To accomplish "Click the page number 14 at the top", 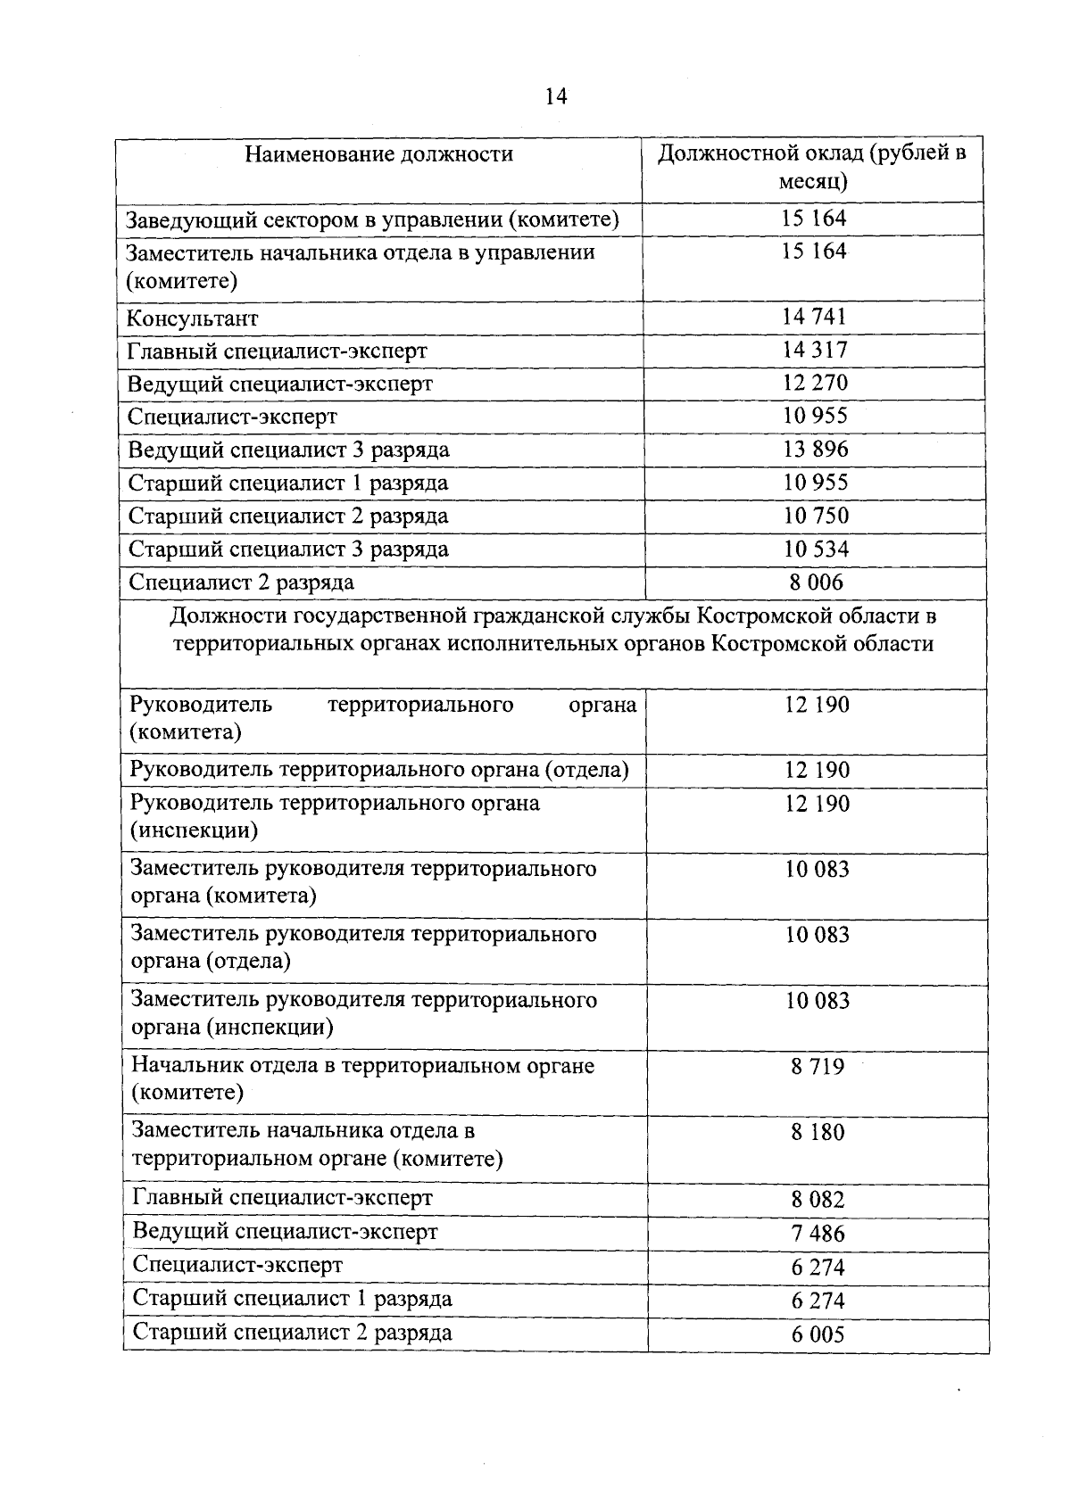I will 555,96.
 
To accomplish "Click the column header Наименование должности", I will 379,154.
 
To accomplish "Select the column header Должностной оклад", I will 812,168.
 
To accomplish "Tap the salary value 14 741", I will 814,317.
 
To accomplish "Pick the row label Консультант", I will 193,318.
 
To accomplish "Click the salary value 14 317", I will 814,350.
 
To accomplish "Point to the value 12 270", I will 814,383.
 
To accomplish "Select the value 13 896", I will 815,449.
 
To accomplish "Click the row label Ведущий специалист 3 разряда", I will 288,450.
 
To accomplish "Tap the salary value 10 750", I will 815,516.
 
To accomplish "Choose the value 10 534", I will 815,549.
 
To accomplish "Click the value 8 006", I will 816,582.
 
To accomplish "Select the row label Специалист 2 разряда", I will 241,582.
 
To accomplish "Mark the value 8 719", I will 817,1067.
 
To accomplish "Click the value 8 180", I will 817,1133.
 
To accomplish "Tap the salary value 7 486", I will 817,1234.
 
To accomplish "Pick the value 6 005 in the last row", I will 817,1335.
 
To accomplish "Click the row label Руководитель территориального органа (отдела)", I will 379,770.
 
